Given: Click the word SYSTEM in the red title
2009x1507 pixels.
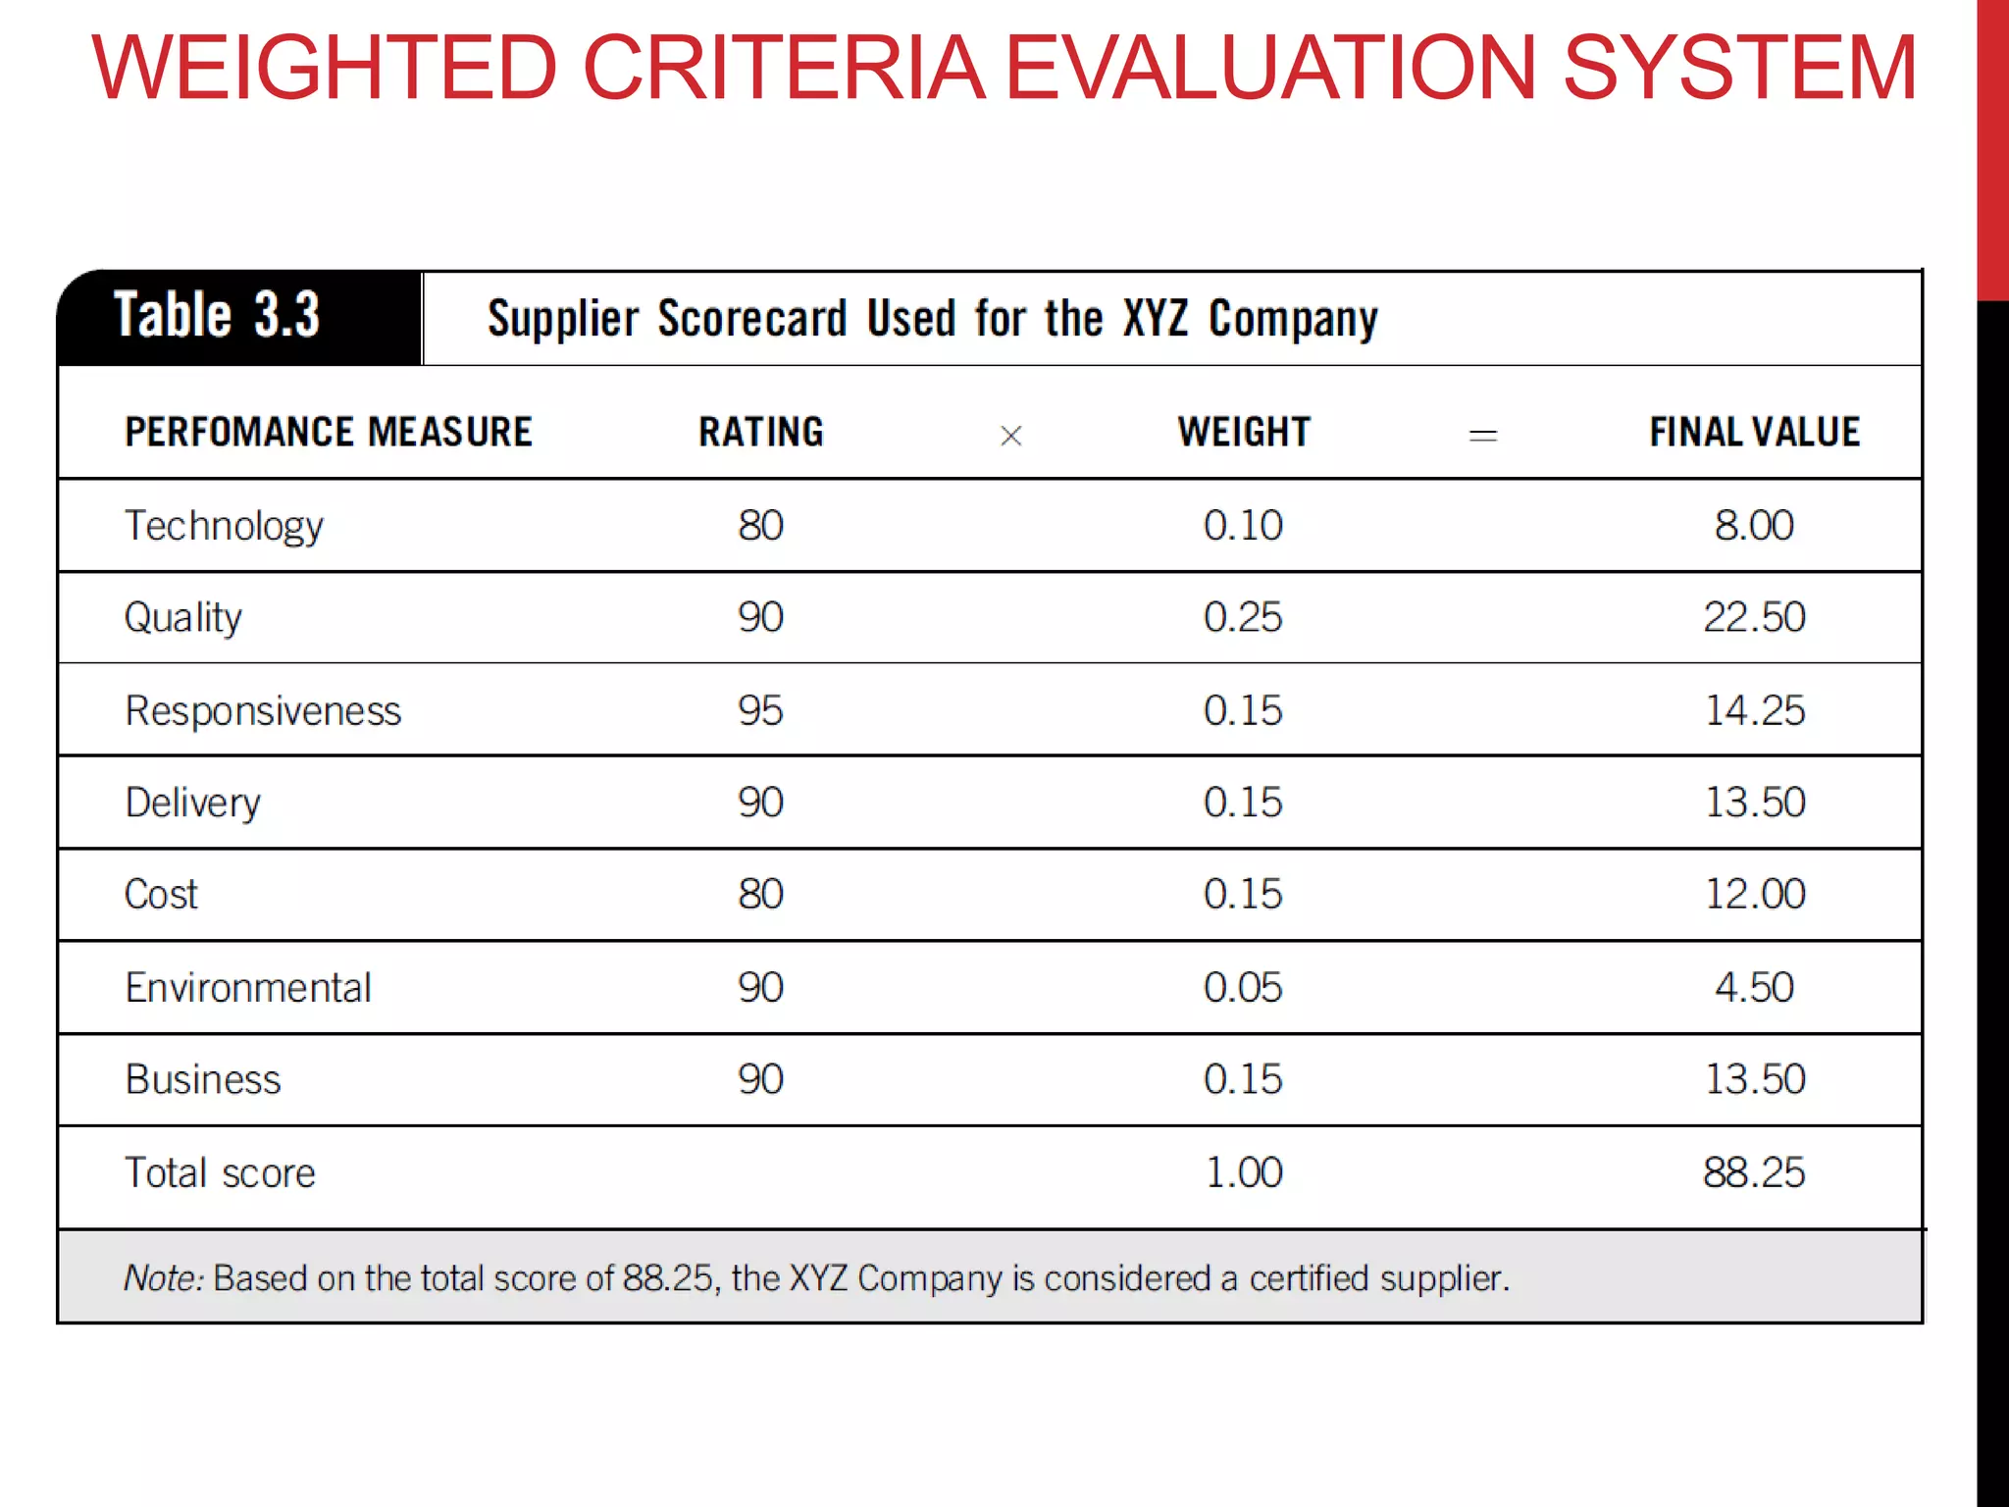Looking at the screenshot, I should click(1738, 69).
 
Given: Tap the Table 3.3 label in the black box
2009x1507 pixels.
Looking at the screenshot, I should click(217, 316).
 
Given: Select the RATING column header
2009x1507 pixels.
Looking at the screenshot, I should click(760, 433).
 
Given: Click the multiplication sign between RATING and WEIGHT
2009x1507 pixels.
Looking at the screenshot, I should click(1010, 436).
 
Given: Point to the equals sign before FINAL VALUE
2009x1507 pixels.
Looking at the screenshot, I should click(1482, 436).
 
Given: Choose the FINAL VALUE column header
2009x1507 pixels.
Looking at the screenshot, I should click(1754, 433).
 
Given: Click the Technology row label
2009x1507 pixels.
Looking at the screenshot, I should click(224, 526).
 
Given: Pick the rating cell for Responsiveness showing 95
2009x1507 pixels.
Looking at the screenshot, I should click(760, 710).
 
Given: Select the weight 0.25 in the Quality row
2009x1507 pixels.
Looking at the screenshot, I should click(1242, 617).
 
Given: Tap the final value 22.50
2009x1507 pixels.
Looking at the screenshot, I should click(1754, 617).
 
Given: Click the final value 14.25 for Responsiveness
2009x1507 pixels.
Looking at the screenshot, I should click(1754, 710).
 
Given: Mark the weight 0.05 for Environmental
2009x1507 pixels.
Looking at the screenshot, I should click(1242, 987).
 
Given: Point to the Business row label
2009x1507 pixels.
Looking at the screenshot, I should click(203, 1079).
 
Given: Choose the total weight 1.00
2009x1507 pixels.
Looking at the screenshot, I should click(1243, 1172).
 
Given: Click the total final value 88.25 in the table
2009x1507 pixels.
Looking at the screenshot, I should click(1753, 1172).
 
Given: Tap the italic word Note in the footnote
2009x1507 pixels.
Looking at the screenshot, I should click(162, 1278).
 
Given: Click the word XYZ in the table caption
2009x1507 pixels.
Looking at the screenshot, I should click(1155, 319).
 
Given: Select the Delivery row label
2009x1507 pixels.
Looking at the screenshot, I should click(192, 803).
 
